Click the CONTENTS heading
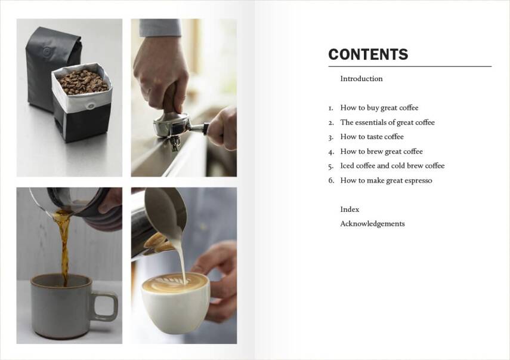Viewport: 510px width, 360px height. coord(368,55)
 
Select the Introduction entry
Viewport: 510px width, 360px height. coord(361,79)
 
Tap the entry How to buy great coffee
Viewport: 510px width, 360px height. coord(379,108)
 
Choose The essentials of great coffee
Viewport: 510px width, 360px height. coord(387,122)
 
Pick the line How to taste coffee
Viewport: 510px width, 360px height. coord(372,137)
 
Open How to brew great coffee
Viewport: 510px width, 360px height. coord(381,152)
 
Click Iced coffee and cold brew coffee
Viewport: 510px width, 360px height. coord(392,166)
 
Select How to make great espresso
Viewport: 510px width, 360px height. coord(386,180)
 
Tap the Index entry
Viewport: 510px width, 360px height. coord(350,210)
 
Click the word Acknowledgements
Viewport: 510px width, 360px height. coord(372,224)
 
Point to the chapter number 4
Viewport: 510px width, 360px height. coord(330,152)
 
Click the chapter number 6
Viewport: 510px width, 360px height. coord(330,180)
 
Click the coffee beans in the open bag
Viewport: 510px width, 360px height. coord(83,82)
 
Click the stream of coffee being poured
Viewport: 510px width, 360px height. coord(63,245)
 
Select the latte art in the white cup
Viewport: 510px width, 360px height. coord(174,282)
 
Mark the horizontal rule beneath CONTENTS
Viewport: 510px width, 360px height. coord(410,66)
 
